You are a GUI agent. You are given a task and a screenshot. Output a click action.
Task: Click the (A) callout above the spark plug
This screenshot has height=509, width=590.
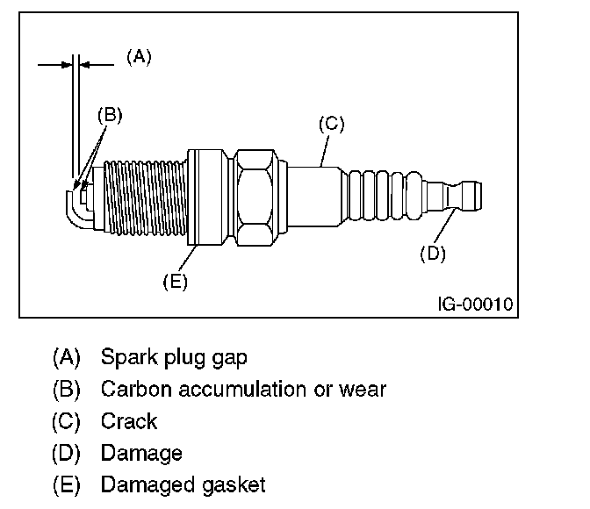[139, 57]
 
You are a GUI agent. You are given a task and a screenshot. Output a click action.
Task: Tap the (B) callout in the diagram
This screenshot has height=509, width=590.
[110, 114]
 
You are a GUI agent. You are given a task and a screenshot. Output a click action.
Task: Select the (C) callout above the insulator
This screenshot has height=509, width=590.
[331, 125]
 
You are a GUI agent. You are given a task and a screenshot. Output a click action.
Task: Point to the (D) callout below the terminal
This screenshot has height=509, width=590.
[433, 254]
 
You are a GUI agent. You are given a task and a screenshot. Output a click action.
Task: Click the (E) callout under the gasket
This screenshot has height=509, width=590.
[176, 282]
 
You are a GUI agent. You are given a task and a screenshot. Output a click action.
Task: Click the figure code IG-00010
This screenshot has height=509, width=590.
[475, 305]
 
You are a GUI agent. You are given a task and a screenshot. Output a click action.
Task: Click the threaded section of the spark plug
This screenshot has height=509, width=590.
[145, 195]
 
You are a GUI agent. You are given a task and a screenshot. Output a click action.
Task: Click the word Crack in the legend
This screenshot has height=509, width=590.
[129, 421]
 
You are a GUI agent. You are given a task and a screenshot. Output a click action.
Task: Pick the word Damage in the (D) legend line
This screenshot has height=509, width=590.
[141, 453]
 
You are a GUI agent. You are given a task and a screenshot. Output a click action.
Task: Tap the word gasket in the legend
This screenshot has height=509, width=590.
[237, 484]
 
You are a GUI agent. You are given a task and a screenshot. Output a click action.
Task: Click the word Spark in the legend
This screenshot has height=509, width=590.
[126, 358]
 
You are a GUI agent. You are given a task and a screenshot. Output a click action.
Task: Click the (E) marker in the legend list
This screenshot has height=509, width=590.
[67, 484]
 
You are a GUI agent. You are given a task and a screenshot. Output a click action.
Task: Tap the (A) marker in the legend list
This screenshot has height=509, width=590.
[67, 358]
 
